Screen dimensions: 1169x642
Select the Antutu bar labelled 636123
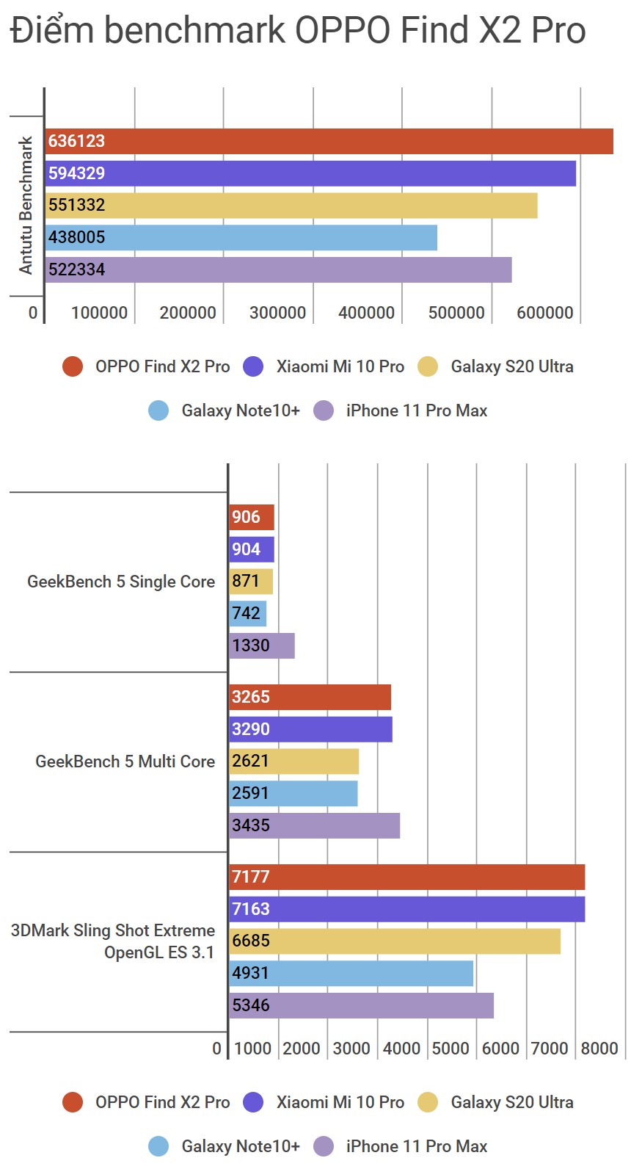click(x=329, y=142)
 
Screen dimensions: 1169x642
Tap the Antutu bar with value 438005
click(x=241, y=238)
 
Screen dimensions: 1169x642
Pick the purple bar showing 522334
click(x=278, y=270)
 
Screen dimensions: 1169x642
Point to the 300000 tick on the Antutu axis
click(x=277, y=313)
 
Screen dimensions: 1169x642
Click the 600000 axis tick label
click(x=545, y=313)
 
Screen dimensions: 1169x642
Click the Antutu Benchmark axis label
click(x=26, y=206)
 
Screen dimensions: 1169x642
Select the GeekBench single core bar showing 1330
click(x=261, y=646)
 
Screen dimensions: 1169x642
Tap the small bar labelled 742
click(x=247, y=614)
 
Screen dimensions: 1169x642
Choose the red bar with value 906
click(x=251, y=518)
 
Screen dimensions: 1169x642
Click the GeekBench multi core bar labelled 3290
click(x=310, y=730)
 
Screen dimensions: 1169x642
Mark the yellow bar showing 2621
click(x=293, y=761)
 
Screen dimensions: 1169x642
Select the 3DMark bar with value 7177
click(x=406, y=877)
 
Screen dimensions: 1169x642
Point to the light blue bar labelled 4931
click(x=351, y=974)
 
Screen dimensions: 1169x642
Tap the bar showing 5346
click(x=361, y=1006)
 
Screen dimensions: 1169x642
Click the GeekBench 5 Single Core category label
click(x=121, y=582)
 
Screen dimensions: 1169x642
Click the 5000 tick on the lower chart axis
click(x=451, y=1049)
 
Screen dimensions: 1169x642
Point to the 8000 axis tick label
click(x=599, y=1049)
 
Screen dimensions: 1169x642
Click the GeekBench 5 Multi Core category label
click(x=125, y=762)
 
